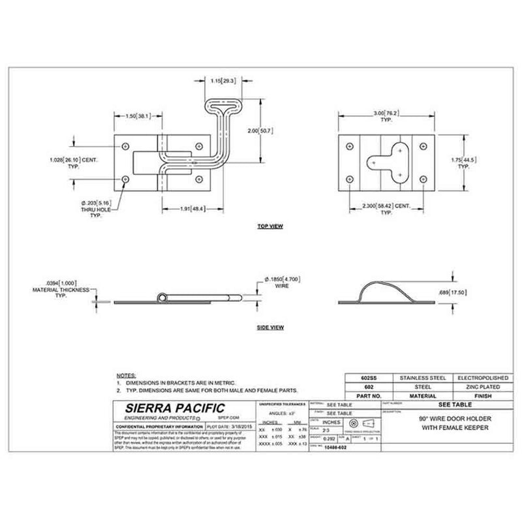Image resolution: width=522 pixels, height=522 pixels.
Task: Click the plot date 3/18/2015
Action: click(237, 425)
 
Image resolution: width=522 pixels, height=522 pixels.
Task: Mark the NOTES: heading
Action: click(125, 376)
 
